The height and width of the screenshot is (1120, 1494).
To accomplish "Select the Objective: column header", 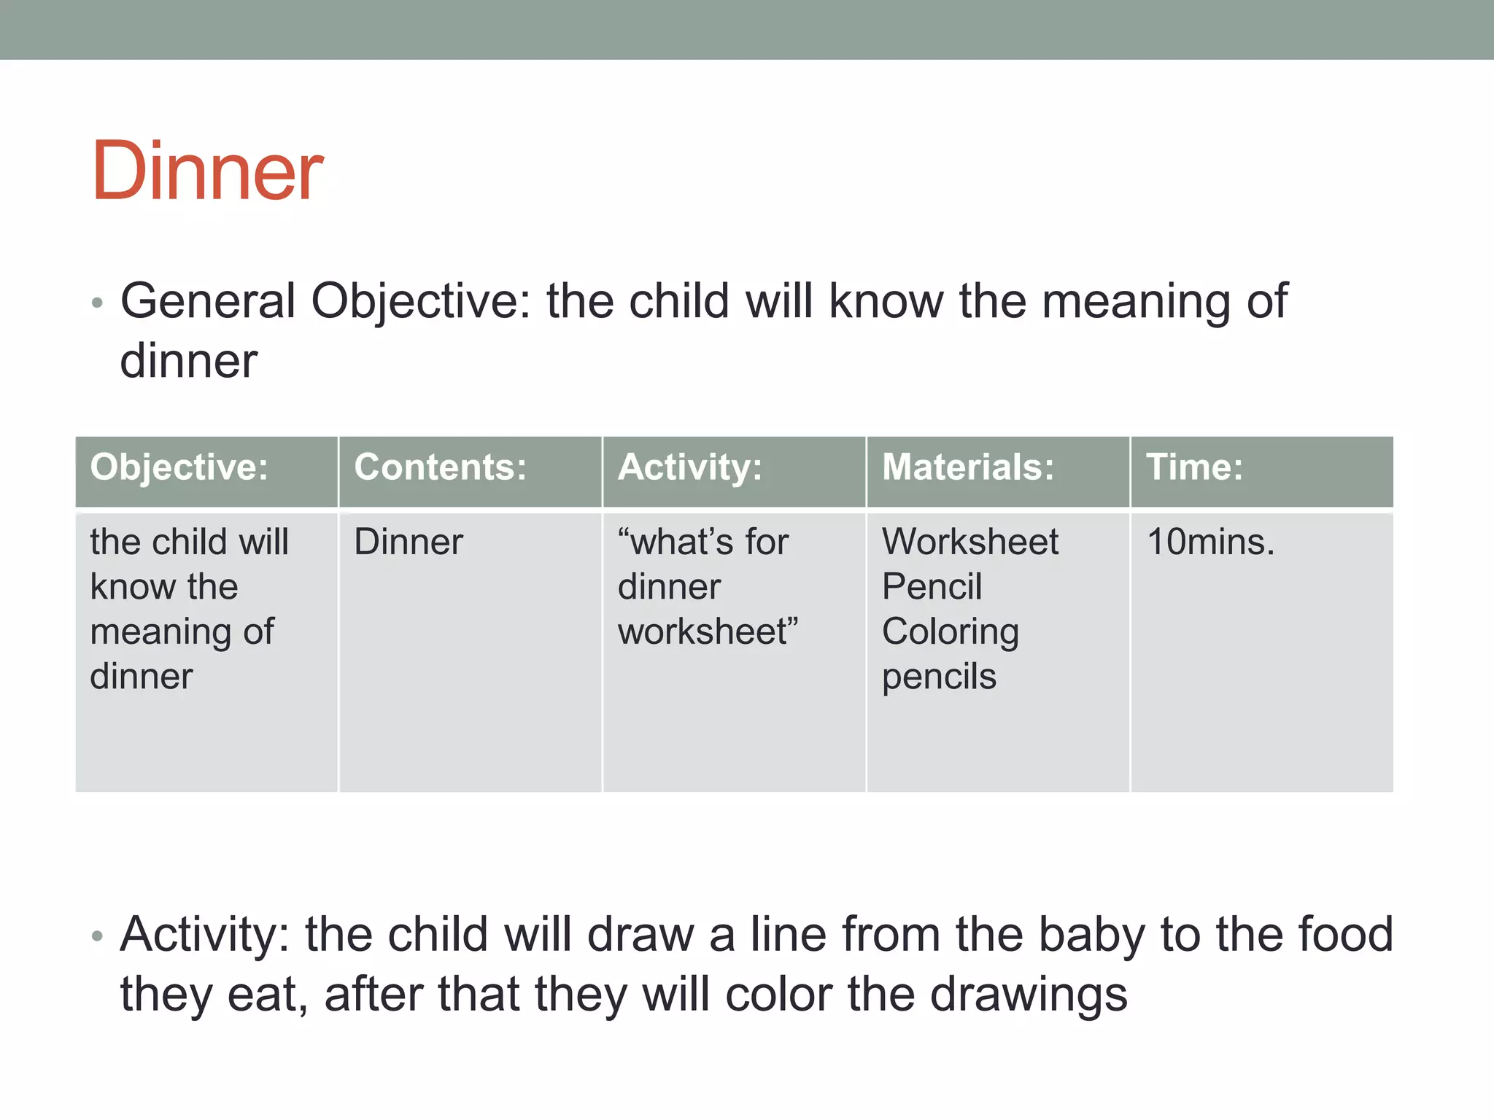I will (x=179, y=467).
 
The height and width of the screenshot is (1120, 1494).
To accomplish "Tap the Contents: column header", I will (x=440, y=467).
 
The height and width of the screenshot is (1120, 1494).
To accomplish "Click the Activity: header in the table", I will (x=689, y=467).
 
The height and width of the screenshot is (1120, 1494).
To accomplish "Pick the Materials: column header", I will (x=968, y=467).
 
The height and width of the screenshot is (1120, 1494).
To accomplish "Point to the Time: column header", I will (x=1194, y=467).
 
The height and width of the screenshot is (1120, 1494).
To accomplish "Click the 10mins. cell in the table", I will (x=1210, y=542).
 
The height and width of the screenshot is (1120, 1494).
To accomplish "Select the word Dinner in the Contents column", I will (x=409, y=542).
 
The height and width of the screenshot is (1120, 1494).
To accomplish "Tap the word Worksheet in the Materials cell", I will (x=969, y=542).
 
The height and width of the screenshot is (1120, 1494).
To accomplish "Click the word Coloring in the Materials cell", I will (x=950, y=632).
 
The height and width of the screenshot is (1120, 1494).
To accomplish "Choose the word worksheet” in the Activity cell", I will (x=708, y=631).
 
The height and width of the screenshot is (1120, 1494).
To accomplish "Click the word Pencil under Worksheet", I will (x=932, y=586).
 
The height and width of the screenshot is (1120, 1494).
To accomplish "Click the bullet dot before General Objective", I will (x=97, y=303).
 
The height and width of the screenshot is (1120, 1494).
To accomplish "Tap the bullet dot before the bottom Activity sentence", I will (x=97, y=936).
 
